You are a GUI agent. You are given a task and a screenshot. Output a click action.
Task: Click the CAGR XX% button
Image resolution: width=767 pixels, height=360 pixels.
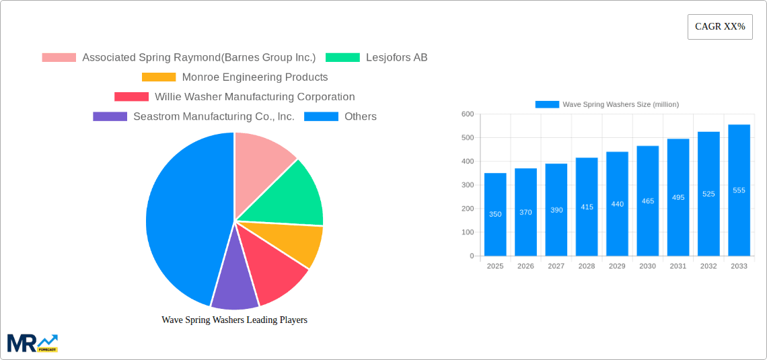720,27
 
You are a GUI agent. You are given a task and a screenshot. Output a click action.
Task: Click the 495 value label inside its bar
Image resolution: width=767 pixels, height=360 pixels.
678,197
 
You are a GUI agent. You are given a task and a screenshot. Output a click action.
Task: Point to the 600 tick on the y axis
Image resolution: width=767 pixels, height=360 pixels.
468,114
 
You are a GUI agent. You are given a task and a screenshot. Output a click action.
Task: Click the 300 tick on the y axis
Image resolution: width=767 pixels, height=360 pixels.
468,185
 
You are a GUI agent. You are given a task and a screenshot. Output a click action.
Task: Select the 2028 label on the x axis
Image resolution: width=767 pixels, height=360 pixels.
587,266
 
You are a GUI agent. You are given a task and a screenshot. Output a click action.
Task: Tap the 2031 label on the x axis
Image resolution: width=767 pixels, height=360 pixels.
678,266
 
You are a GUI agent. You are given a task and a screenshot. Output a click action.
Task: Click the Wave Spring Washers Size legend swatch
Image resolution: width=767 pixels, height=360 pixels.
547,104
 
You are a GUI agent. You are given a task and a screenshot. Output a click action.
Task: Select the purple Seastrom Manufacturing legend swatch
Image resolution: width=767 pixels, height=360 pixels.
110,116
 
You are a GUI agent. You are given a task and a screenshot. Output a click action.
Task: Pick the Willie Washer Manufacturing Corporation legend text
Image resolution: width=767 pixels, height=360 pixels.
254,97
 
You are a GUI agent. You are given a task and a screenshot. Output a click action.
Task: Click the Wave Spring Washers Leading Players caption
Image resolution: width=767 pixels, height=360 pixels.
234,320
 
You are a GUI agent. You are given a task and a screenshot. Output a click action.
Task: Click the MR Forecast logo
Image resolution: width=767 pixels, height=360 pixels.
32,343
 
